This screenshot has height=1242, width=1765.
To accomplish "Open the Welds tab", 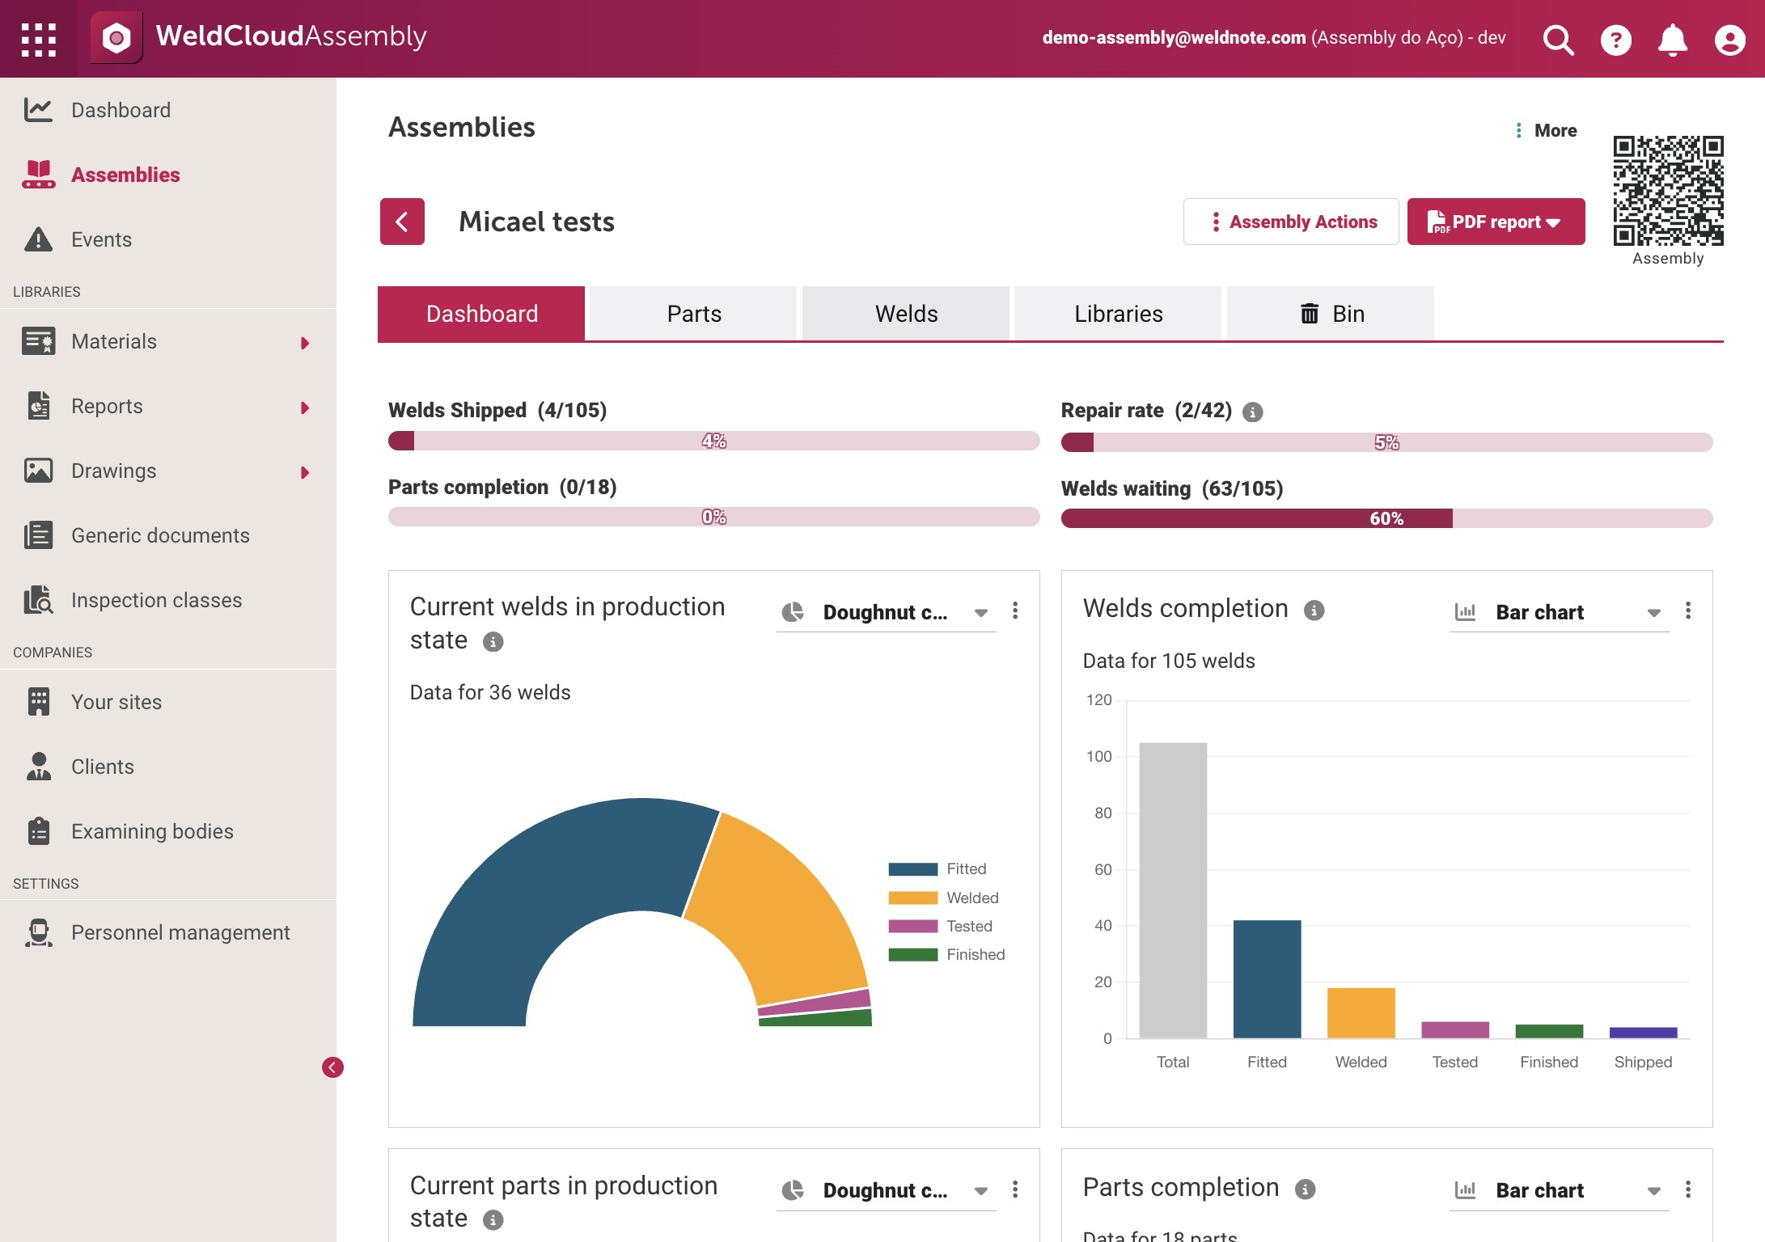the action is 906,314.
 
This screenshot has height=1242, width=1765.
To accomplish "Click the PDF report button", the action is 1496,222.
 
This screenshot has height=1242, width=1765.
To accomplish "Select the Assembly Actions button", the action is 1291,222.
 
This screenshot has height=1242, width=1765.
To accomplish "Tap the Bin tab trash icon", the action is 1310,313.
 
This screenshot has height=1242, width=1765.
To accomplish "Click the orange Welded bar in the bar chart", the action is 1361,1012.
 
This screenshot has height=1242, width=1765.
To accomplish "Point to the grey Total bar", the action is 1173,890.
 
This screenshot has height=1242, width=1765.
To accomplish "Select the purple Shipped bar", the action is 1644,1033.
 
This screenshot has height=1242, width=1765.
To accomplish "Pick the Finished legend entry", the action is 946,955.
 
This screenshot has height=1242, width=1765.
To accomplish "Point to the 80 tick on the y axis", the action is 1103,813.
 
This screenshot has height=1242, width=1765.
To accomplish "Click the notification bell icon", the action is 1673,39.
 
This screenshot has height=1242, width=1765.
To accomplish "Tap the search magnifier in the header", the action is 1558,39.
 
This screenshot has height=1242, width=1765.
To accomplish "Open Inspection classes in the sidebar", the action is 156,600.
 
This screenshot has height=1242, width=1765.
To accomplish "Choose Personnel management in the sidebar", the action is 180,932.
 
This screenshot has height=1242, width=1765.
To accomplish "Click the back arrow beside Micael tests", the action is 402,222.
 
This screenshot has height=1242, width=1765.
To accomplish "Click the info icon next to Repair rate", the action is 1253,412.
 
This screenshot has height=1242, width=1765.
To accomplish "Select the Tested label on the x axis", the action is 1455,1062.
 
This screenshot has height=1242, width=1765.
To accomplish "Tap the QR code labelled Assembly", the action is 1668,191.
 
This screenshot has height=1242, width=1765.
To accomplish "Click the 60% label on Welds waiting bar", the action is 1386,518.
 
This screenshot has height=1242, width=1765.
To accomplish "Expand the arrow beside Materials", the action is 305,343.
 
